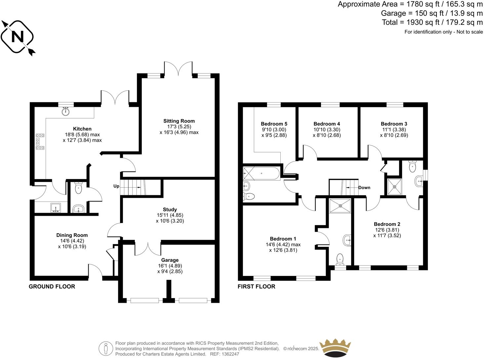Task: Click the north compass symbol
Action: (x=18, y=37)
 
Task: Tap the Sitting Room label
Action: (x=179, y=121)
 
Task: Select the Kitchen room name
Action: (x=82, y=129)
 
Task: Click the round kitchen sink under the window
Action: (x=66, y=112)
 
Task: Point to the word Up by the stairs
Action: (x=116, y=186)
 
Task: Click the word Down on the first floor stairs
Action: (x=364, y=188)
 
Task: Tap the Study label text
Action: (x=170, y=209)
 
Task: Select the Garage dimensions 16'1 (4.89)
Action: (x=170, y=266)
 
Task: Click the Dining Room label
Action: (x=72, y=235)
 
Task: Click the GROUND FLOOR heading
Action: (x=52, y=287)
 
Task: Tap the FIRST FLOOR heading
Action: (x=256, y=287)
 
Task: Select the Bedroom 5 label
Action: (x=274, y=124)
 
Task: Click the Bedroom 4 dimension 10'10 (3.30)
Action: (x=327, y=130)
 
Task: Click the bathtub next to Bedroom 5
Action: (x=262, y=173)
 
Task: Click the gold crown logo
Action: (x=335, y=348)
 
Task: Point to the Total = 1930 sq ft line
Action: (x=432, y=22)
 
